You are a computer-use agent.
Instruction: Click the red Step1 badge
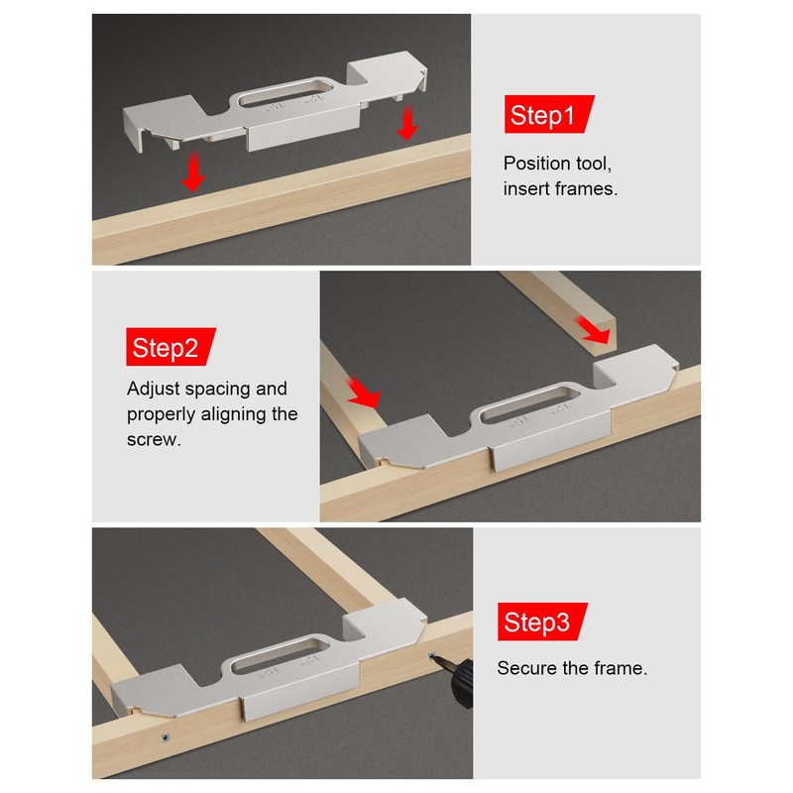click(x=549, y=114)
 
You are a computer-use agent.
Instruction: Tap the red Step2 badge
click(x=170, y=346)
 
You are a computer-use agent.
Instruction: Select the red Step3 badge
click(x=542, y=622)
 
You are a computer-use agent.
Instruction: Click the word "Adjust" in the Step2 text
click(x=154, y=389)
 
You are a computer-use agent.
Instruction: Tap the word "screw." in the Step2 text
click(x=154, y=439)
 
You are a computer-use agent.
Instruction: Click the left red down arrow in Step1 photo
click(x=193, y=170)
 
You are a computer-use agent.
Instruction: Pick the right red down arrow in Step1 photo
click(x=407, y=122)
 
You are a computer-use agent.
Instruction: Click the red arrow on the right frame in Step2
click(x=593, y=330)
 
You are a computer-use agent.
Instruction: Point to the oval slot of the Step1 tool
click(x=284, y=91)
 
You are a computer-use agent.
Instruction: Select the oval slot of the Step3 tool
click(x=280, y=655)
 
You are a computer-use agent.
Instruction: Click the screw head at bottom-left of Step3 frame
click(x=165, y=737)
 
